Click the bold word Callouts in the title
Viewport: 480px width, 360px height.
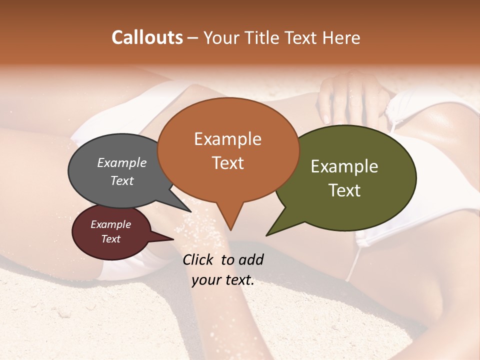[x=147, y=37]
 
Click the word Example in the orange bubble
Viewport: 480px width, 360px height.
[x=227, y=139]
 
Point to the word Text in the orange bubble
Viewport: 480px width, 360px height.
[x=227, y=163]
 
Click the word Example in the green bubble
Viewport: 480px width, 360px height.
[x=344, y=166]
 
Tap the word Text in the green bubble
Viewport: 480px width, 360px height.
[x=344, y=190]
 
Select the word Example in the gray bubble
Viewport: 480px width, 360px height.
[x=122, y=163]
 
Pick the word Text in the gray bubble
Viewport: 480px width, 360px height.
[x=122, y=180]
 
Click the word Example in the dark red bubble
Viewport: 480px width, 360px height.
[x=110, y=224]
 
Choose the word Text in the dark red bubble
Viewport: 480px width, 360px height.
[x=110, y=239]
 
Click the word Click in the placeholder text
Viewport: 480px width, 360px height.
[x=198, y=259]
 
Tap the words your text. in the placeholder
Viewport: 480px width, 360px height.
[x=223, y=280]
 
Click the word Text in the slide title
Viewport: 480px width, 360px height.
[x=302, y=37]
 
